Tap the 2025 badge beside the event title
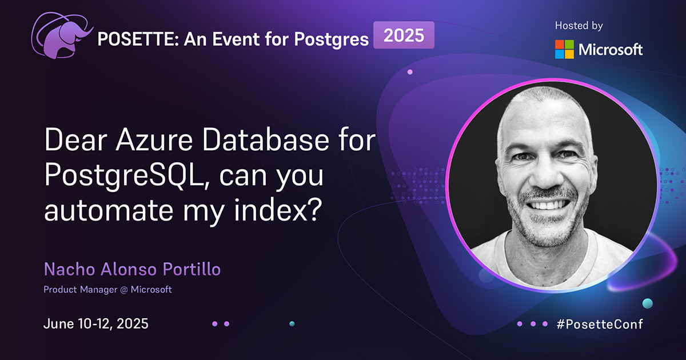[x=404, y=35]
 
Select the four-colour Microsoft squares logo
[x=564, y=49]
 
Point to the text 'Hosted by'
[x=579, y=26]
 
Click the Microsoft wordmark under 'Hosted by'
[x=611, y=50]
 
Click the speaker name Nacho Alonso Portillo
[x=132, y=270]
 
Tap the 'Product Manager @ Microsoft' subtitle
[x=107, y=290]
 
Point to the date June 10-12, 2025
[x=96, y=323]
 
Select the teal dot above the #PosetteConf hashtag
[x=647, y=303]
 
